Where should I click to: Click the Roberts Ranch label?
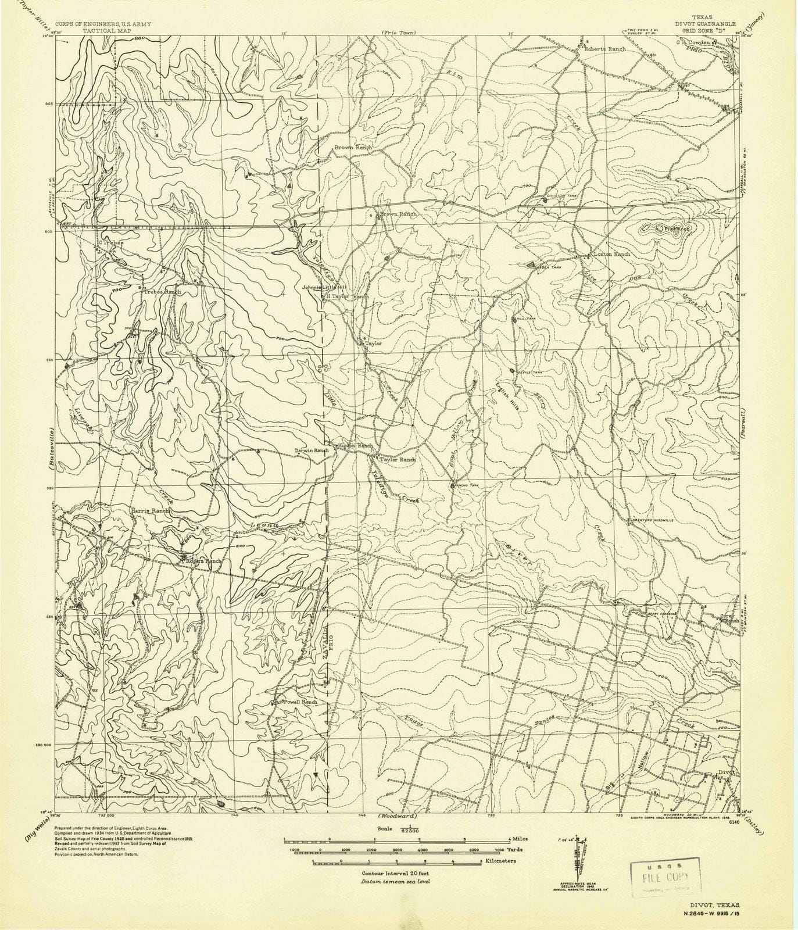point(604,49)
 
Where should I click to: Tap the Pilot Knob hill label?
point(673,229)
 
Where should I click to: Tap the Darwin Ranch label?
point(313,450)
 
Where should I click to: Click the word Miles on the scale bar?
point(518,839)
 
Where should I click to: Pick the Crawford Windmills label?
point(653,520)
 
